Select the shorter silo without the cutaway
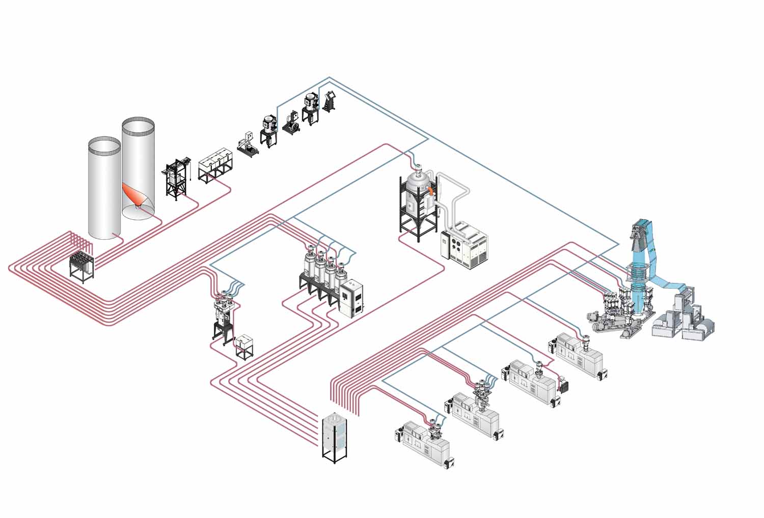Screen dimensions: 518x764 coord(104,188)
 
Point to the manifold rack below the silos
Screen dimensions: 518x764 coord(82,265)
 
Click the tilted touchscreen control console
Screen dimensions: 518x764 coord(329,100)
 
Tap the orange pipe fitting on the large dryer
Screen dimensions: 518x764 coord(431,191)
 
